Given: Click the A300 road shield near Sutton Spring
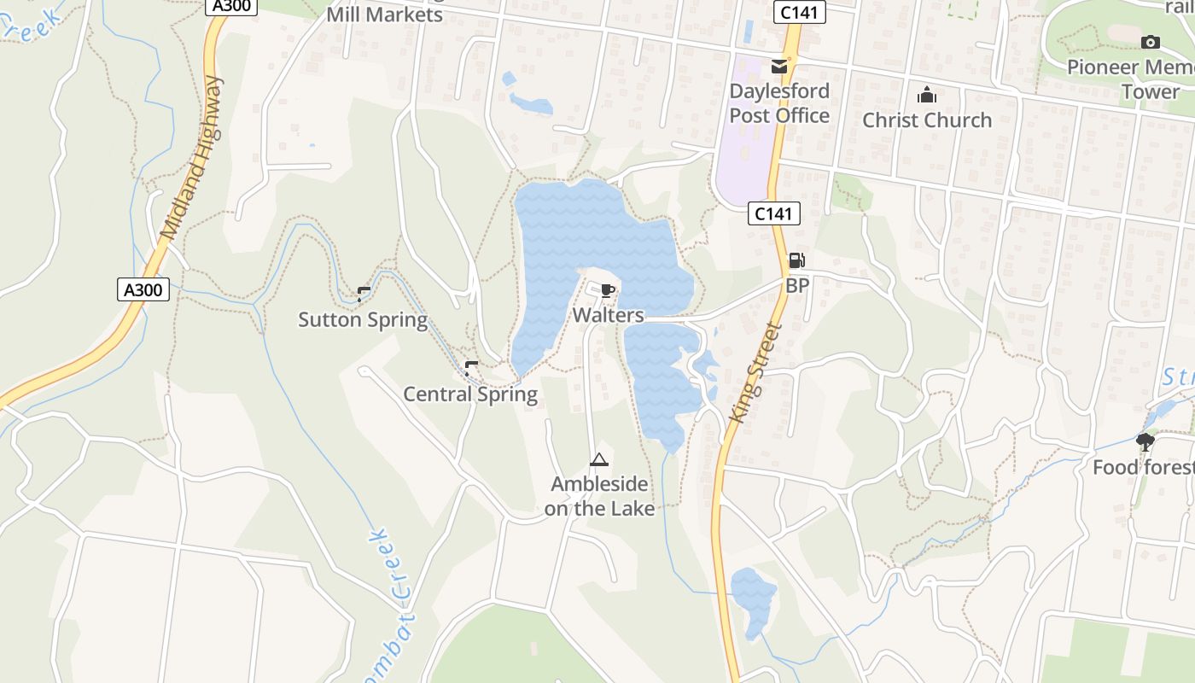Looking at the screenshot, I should pos(143,289).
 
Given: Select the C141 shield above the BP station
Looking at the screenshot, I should pos(774,213).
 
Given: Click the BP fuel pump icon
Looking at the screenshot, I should pos(796,260).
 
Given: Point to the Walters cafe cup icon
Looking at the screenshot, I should pos(608,291).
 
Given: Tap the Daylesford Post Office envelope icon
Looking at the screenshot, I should pos(778,66).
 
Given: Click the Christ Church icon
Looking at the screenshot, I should pos(926,95).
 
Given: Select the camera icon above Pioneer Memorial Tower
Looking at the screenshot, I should pos(1151,42).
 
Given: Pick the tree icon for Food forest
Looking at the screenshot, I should pos(1145,441).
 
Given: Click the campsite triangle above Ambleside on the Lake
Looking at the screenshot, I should pos(599,460).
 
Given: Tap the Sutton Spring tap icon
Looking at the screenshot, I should pos(363,295).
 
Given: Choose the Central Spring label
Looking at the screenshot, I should pos(470,394).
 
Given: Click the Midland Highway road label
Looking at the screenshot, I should pos(190,158).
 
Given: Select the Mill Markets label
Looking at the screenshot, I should pos(385,15).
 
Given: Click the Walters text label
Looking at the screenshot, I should pos(608,315).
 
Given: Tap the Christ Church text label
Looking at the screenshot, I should pos(927,120).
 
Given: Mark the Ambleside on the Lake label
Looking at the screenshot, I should pos(599,496).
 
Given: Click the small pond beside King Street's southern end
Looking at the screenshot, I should pos(753,597).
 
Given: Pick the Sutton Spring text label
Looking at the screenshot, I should pos(363,320).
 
